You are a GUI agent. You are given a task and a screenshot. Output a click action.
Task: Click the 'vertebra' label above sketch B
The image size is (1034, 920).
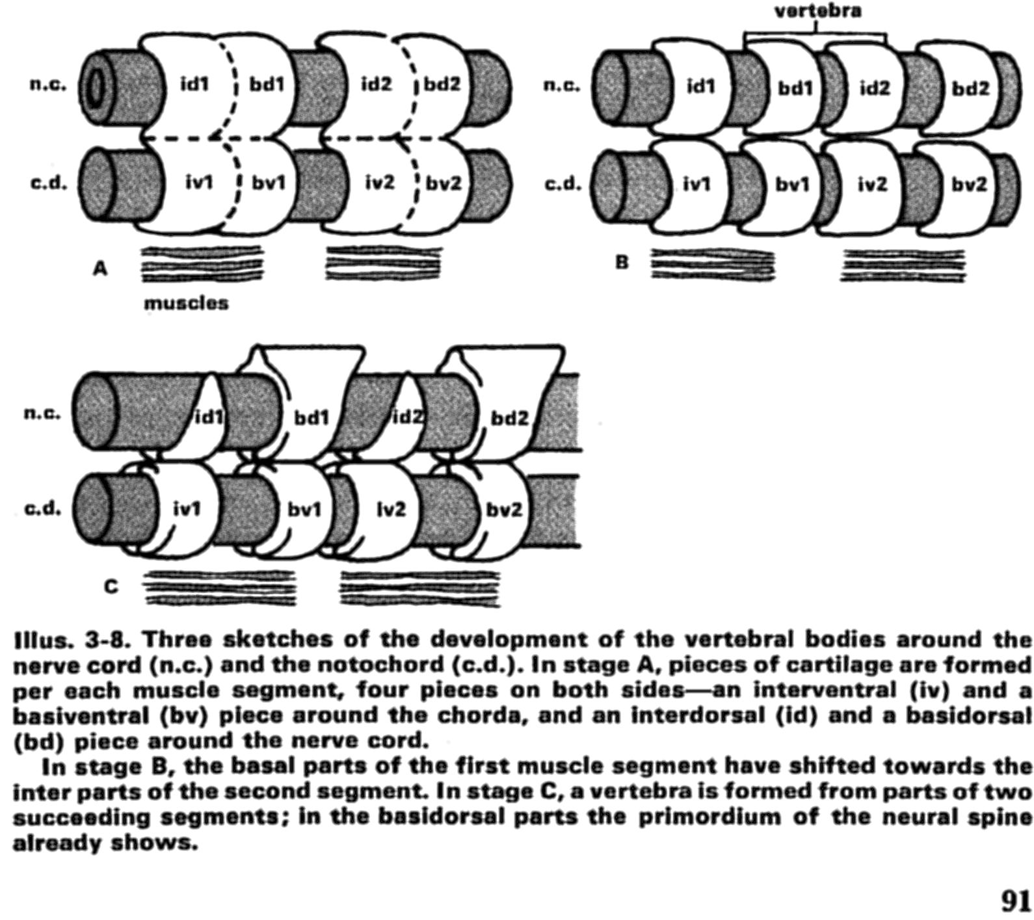coord(817,11)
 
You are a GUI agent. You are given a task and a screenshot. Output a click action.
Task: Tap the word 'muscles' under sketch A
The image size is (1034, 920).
coord(186,303)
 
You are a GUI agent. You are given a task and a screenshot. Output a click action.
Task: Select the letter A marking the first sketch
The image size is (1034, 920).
coord(99,267)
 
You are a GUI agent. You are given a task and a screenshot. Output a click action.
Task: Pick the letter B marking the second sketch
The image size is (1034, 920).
coord(622,262)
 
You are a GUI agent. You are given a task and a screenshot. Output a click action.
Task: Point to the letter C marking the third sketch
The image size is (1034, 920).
coord(111,586)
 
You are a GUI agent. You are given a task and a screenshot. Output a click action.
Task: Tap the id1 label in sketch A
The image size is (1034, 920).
coord(194,84)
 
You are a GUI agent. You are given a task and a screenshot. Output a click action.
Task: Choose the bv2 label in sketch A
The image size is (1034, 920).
coord(443,183)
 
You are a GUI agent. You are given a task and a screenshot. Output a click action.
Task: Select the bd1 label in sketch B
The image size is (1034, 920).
coord(795,88)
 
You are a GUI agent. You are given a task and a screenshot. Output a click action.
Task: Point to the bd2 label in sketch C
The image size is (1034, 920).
coord(509,418)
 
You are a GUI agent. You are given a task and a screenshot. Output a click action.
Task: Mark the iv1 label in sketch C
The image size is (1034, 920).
coord(187,509)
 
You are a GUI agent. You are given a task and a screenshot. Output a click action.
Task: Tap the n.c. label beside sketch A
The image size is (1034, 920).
coord(49,85)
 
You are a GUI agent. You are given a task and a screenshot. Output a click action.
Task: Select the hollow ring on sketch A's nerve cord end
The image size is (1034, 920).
coord(96,86)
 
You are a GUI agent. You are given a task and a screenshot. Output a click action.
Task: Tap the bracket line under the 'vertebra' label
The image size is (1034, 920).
coord(815,34)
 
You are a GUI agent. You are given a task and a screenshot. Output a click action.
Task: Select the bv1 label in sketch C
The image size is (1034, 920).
coord(304,509)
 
